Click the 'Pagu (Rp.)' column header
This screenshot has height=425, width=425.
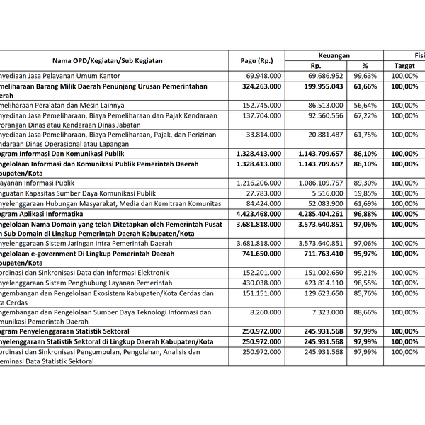(x=256, y=60)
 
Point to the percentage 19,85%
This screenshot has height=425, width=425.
(x=365, y=193)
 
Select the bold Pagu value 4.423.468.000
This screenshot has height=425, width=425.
(x=256, y=213)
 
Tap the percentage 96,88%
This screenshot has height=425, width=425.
(x=365, y=213)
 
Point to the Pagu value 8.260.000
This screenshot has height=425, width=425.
(x=267, y=312)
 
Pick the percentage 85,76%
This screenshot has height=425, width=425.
(x=365, y=293)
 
